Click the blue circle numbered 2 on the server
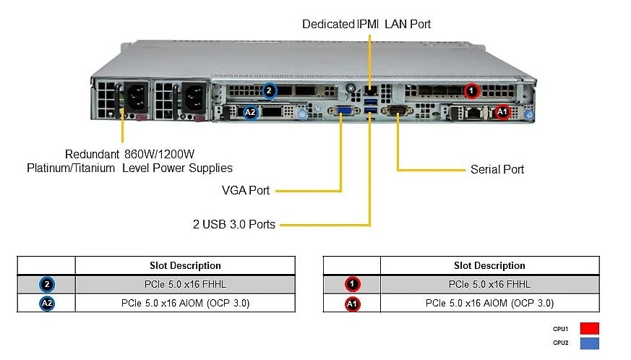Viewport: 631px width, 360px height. [x=269, y=90]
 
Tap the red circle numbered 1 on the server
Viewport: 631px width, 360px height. [x=471, y=90]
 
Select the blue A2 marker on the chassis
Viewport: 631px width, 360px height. [x=250, y=112]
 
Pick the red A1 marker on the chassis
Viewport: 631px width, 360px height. [x=502, y=111]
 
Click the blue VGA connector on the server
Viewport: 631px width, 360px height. [x=343, y=111]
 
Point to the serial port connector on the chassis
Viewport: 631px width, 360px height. [x=397, y=110]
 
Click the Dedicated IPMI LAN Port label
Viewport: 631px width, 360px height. [x=366, y=24]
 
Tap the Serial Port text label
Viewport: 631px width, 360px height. [x=497, y=170]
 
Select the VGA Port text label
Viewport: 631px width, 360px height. [x=246, y=190]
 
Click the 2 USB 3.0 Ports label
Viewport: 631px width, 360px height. [x=233, y=224]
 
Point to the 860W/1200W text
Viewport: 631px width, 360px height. [x=159, y=154]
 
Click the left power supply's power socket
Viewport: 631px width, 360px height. [x=136, y=98]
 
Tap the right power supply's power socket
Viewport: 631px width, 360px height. [x=194, y=98]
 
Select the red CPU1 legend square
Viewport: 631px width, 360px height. [x=590, y=329]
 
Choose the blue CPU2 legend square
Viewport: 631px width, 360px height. [x=590, y=343]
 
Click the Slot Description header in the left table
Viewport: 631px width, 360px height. [x=185, y=265]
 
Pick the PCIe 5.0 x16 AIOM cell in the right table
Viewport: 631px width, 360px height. [x=490, y=303]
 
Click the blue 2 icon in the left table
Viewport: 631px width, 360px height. [x=47, y=284]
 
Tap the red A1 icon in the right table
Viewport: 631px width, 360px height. [x=352, y=304]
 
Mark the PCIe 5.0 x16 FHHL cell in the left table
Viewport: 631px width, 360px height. [x=185, y=284]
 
